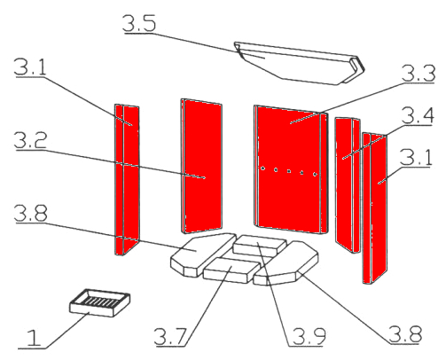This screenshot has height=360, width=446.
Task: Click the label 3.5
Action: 139,23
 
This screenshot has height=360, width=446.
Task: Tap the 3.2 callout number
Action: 30,140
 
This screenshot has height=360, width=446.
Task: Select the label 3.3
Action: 419,74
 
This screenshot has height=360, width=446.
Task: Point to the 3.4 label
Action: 418,116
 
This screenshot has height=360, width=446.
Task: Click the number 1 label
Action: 34,338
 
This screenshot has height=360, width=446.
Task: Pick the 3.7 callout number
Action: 170,337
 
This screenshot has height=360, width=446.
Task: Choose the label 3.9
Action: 309,336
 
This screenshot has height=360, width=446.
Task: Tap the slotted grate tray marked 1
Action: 99,302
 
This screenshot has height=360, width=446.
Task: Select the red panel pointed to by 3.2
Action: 201,166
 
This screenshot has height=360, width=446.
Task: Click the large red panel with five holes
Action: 291,169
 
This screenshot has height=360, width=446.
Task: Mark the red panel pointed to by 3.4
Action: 348,185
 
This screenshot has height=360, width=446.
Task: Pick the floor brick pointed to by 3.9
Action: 260,246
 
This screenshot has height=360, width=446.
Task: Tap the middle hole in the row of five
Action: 289,171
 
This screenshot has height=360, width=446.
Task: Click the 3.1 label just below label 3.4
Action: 416,158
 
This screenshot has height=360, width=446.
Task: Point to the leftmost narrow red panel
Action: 127,179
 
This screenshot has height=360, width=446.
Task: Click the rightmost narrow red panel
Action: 375,208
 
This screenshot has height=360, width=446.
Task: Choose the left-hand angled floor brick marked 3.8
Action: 203,254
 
